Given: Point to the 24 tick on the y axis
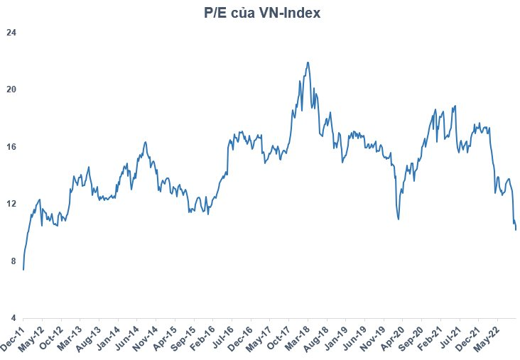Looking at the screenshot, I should tap(11, 33).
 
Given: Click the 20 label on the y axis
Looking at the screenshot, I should tap(11, 89).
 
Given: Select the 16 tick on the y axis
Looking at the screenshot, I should tap(11, 147).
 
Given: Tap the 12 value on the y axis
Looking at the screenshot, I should tap(11, 204).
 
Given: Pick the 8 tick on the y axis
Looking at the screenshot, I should tap(13, 261).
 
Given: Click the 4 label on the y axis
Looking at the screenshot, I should tap(13, 318).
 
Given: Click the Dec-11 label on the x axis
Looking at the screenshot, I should tap(13, 337).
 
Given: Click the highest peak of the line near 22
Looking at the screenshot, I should tap(308, 62).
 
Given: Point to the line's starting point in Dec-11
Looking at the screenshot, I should tap(23, 270).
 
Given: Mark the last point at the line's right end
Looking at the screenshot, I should tap(515, 229).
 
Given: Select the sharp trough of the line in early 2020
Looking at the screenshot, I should tap(399, 219).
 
